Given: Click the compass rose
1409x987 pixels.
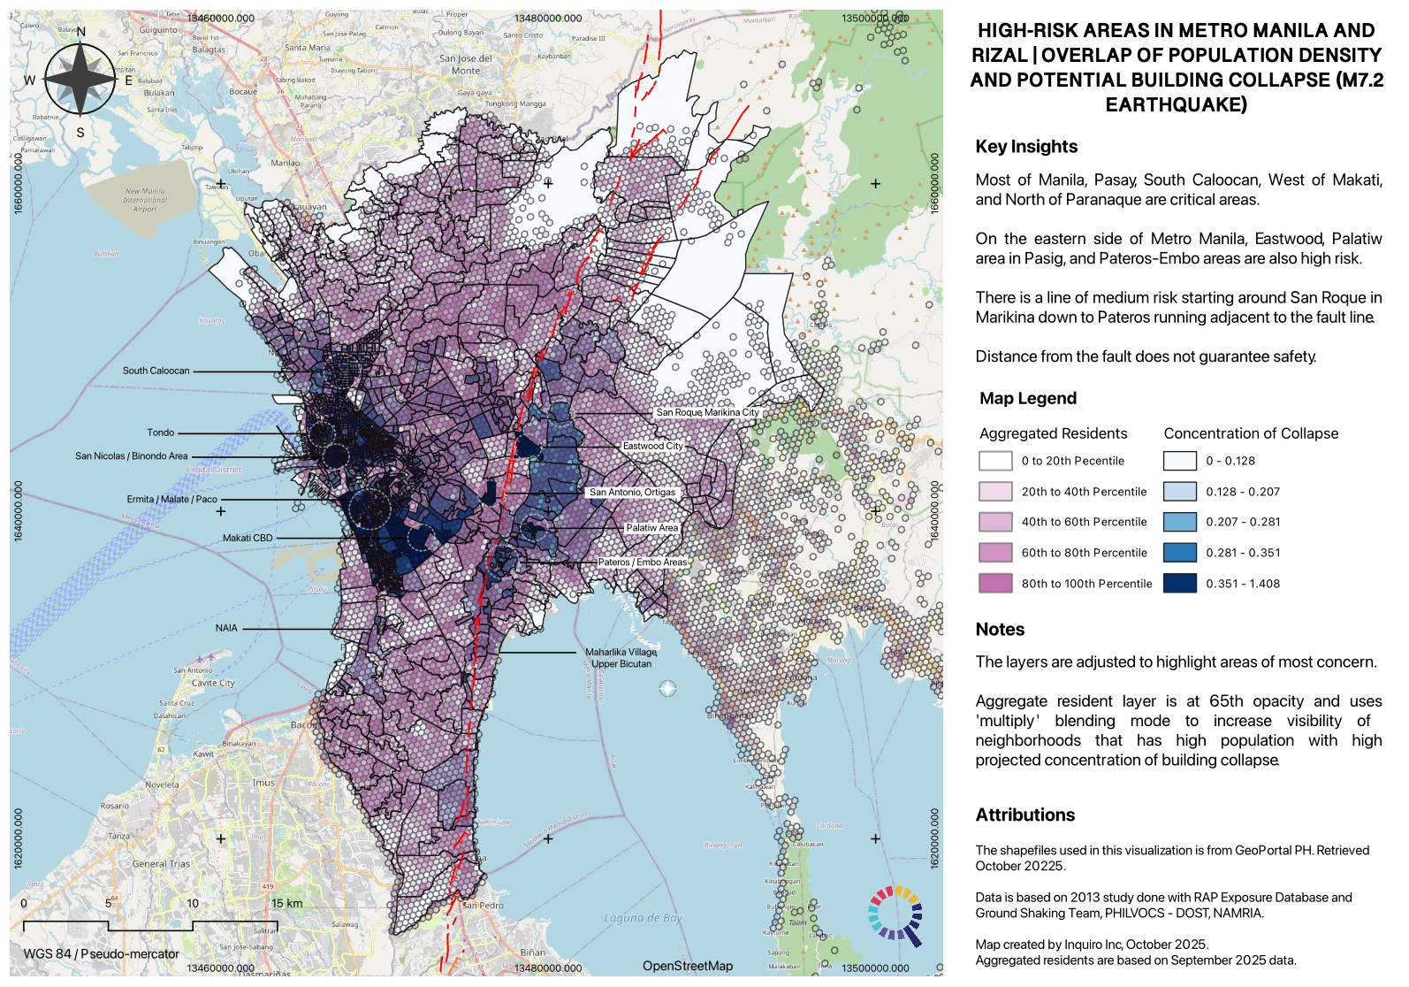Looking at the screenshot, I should coord(80,80).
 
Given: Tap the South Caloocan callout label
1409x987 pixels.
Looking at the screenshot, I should coord(156,371).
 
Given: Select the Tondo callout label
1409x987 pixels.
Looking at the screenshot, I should coord(160,432).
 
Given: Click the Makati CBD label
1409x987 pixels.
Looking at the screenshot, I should coord(248,538).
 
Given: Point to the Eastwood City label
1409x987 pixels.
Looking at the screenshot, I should coord(652,446).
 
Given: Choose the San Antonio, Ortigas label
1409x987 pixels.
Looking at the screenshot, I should coord(632,493).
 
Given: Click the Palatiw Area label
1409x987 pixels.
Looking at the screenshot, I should coord(652,528).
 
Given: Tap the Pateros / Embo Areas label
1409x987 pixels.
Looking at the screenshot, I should coord(642,562).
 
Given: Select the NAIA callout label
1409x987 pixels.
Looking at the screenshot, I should coord(226,628).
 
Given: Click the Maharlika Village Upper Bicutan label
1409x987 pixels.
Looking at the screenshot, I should coord(621,658).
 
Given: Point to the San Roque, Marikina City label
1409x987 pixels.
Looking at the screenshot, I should coord(707,412).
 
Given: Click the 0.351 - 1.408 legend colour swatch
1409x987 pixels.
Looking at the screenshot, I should coord(1179,583).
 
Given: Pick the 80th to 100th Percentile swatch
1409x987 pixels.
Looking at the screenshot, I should coord(995,583).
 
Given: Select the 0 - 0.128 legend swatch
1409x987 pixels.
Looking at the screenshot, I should coord(1179,461).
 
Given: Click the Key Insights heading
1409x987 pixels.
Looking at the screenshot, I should coord(1026,147).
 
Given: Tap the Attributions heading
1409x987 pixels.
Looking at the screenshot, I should coord(1024,815).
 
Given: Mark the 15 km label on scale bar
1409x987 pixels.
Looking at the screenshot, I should coord(286,903).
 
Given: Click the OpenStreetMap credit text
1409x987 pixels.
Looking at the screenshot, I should coord(687,966).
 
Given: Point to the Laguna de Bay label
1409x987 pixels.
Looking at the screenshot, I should coord(643,918).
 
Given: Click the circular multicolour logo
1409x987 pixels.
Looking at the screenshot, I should coord(895,914).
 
